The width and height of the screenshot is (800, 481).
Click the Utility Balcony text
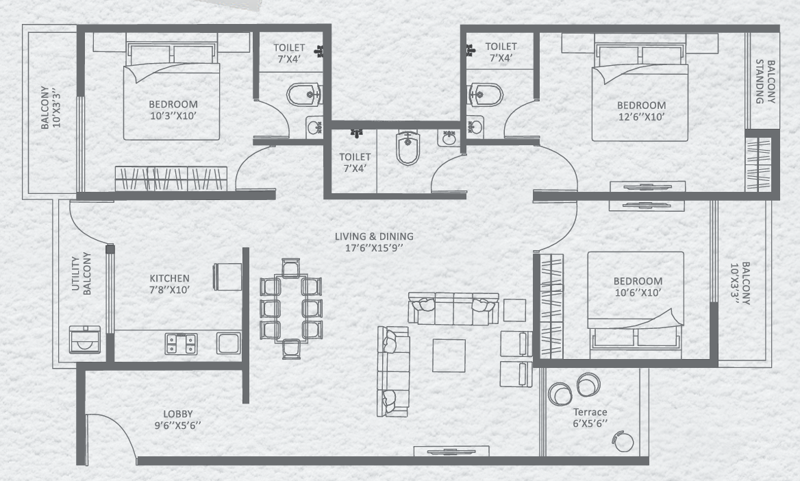point(81,274)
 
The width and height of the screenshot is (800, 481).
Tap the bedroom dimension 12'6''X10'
point(641,117)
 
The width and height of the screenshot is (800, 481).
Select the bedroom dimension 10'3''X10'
point(173,116)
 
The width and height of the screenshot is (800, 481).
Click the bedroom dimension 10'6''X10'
point(638,293)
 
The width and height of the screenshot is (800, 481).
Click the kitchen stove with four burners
point(181,343)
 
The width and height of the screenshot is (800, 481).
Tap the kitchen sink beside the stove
point(228,343)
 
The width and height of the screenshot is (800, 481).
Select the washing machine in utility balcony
point(86,339)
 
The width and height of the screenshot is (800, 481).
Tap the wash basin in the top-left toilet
point(315,127)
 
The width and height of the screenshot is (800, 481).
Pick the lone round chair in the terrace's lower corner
point(623,441)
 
